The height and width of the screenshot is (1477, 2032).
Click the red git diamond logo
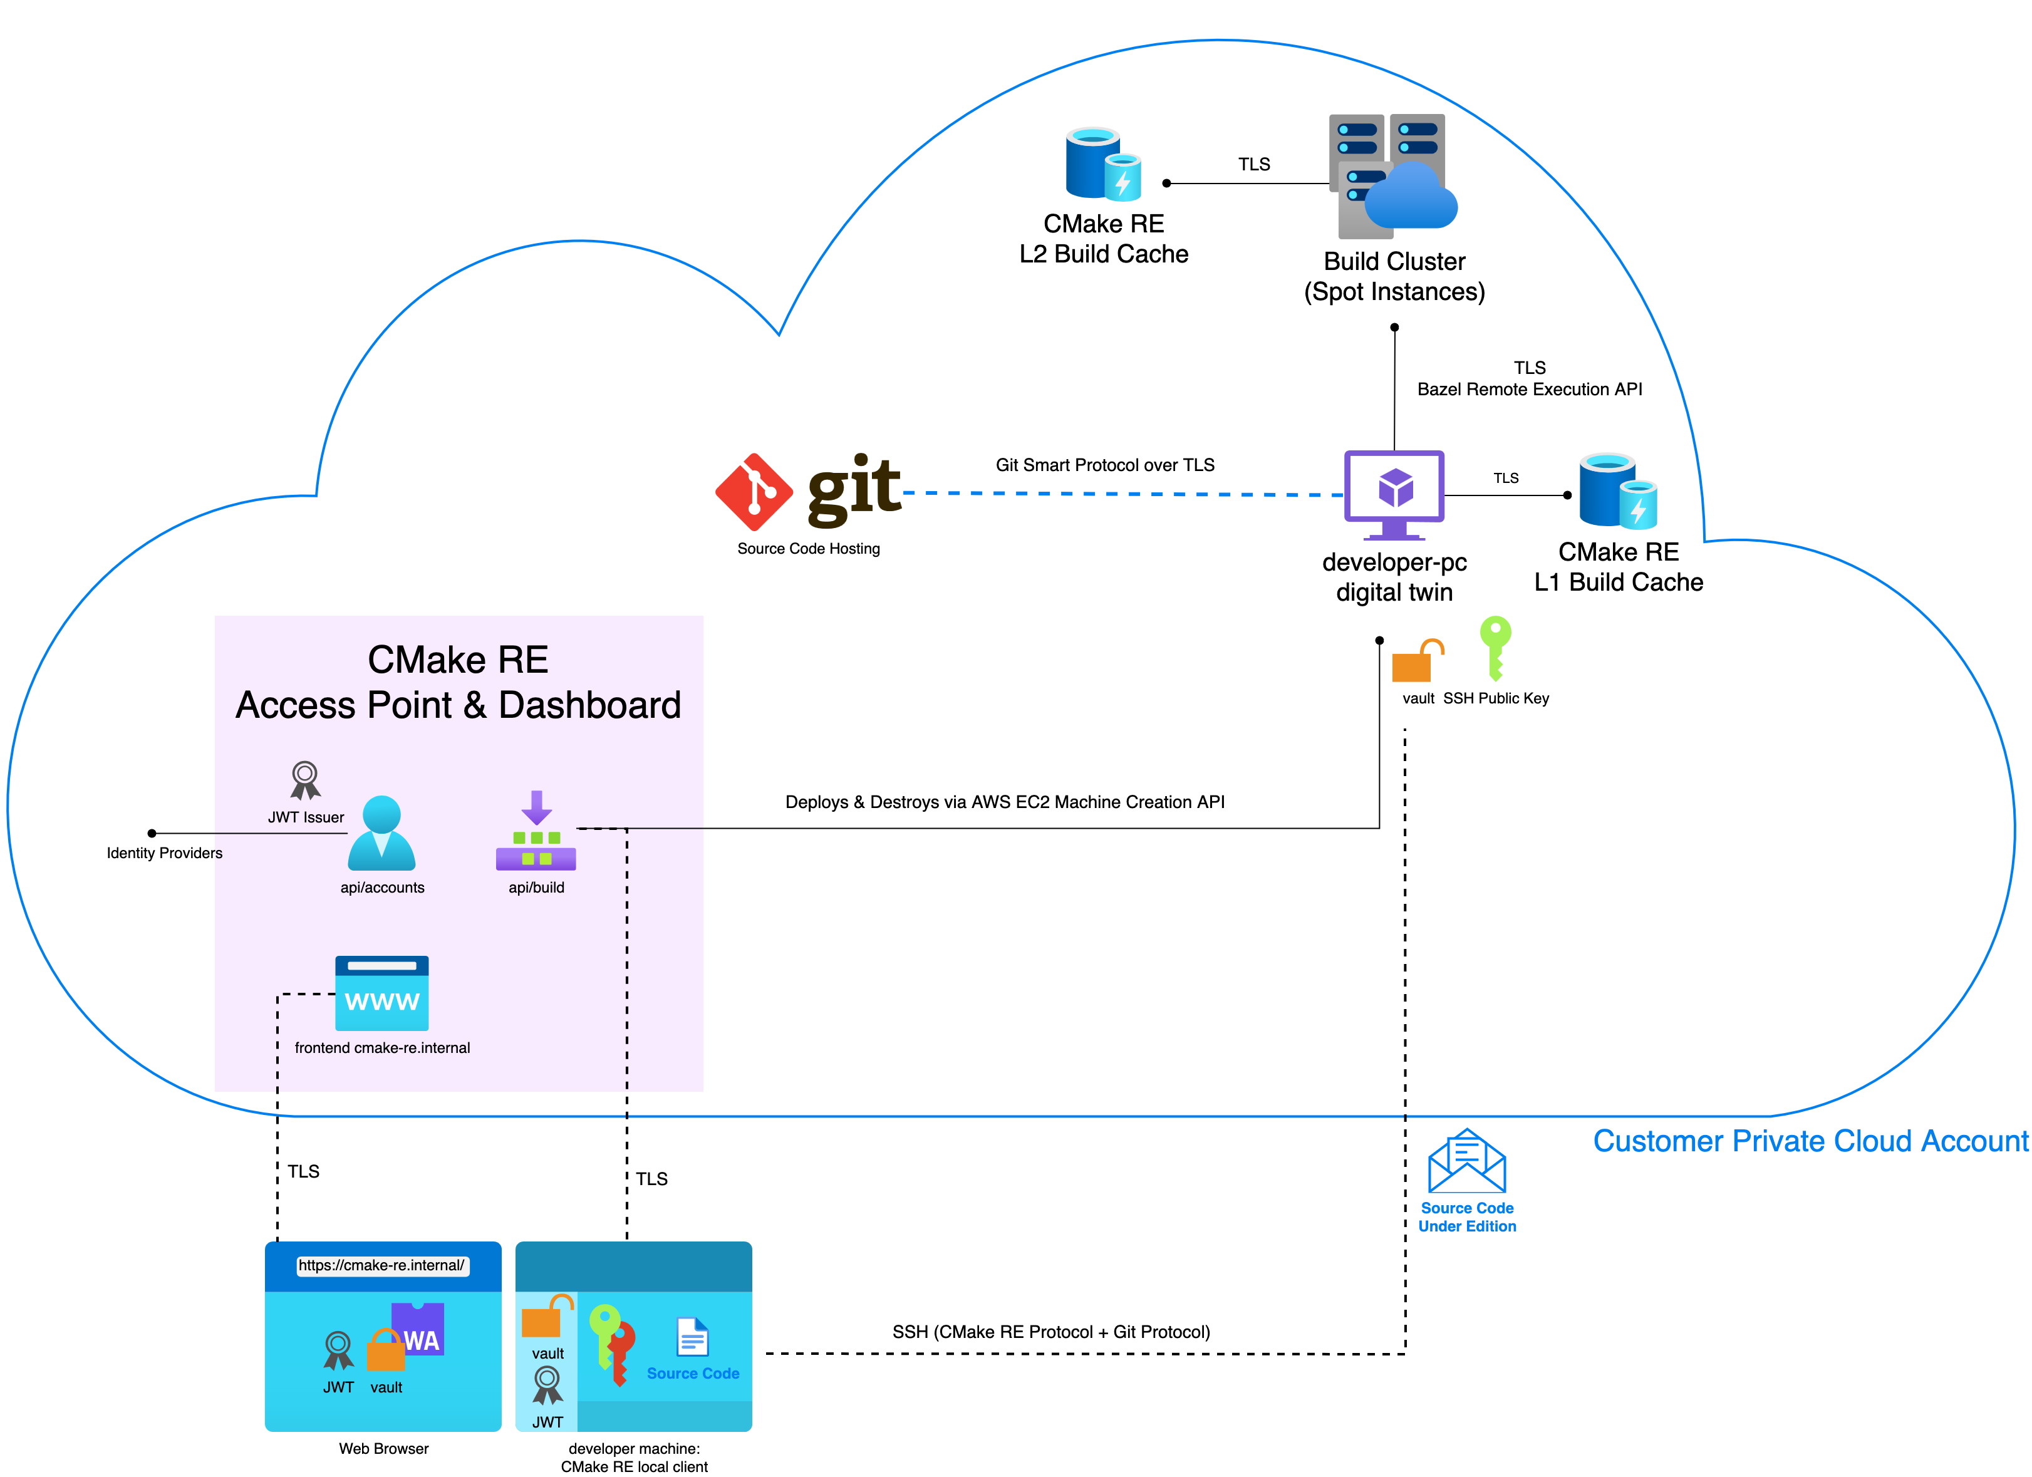pos(754,492)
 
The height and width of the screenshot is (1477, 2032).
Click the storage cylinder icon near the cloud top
pos(1102,164)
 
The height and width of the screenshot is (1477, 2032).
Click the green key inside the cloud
pos(1495,646)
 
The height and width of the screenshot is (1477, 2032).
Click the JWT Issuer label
pos(306,817)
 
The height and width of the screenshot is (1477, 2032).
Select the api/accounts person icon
pos(381,833)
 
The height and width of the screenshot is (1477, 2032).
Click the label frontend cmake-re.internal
pos(381,1048)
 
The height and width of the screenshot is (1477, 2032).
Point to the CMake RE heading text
pos(458,660)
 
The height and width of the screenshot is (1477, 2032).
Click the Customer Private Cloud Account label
pos(1810,1141)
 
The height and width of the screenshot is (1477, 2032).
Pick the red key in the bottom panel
pos(621,1350)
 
